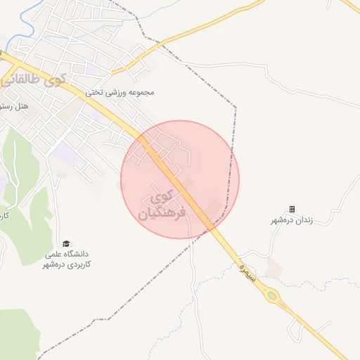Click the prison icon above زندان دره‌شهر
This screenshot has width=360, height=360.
292,209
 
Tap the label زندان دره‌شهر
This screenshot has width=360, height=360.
292,220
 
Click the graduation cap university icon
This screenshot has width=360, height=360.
66,243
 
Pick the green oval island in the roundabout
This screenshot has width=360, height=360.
271,296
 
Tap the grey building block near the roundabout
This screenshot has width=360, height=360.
275,267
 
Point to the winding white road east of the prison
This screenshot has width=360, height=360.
337,204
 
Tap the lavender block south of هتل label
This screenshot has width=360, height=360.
63,150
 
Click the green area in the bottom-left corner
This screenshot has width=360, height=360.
18,337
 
